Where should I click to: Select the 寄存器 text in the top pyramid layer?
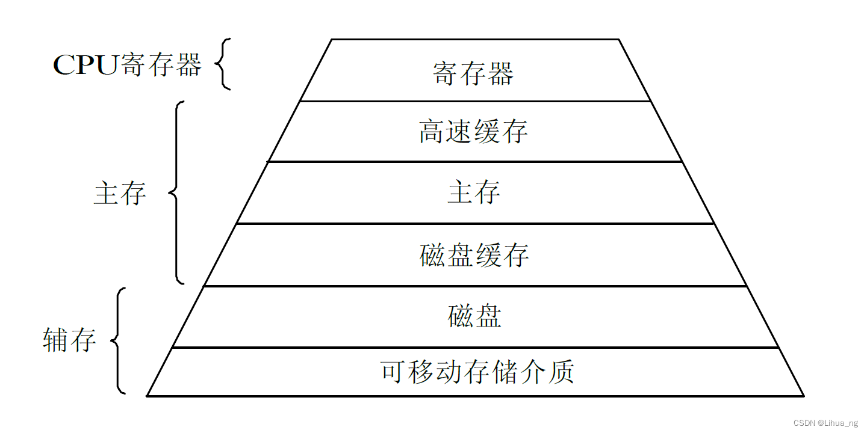473,73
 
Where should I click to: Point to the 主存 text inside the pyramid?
474,192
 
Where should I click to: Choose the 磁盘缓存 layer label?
474,255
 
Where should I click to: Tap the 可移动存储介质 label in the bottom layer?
477,372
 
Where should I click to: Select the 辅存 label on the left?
69,340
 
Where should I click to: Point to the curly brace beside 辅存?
119,340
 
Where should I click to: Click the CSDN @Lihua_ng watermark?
825,423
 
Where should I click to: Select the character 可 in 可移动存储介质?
394,372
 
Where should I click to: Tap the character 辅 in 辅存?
55,340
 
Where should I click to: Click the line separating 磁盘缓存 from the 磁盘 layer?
475,286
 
